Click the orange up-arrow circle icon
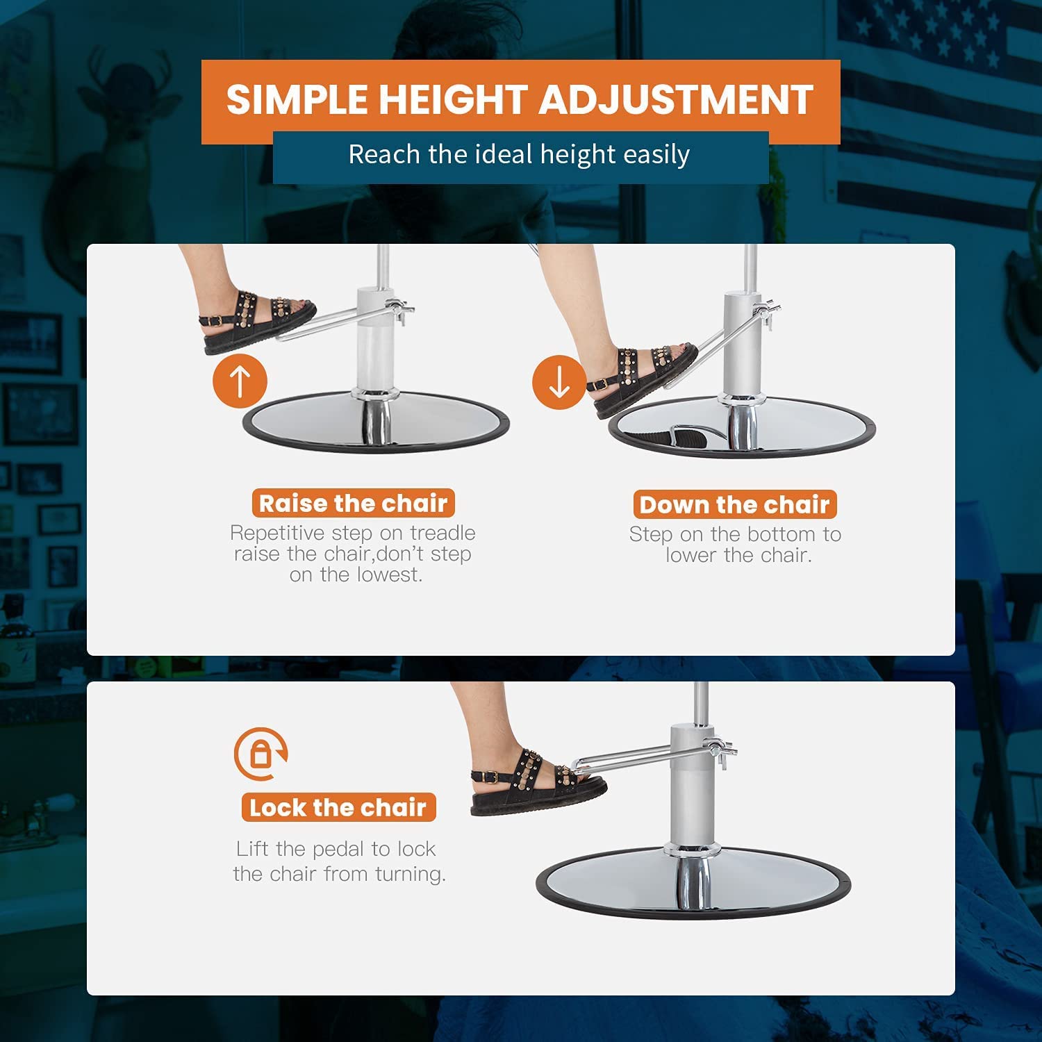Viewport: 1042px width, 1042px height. click(x=240, y=381)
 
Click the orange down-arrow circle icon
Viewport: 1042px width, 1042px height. click(x=559, y=382)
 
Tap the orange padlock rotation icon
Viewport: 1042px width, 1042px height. click(x=260, y=754)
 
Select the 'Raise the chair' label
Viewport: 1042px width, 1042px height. click(x=353, y=503)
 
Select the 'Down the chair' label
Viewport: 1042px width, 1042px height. click(x=735, y=504)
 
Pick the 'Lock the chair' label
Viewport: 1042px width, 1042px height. click(x=338, y=807)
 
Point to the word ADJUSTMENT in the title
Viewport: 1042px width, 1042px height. click(x=676, y=99)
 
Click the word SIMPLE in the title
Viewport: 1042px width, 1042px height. click(x=299, y=99)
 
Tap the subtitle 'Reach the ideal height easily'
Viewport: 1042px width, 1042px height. click(x=519, y=154)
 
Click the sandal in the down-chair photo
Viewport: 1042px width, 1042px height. click(x=643, y=379)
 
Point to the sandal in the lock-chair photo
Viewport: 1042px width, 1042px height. click(x=538, y=781)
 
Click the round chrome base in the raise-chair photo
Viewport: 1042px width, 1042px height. click(x=376, y=422)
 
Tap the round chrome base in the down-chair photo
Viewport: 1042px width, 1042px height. click(x=742, y=427)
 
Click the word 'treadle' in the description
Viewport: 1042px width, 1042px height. click(x=443, y=533)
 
